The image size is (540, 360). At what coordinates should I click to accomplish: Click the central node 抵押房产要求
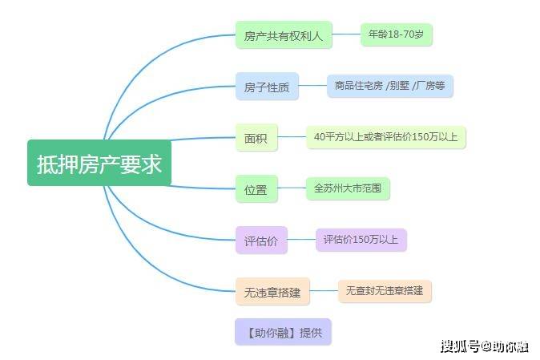point(99,163)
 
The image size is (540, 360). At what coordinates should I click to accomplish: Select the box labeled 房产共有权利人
point(284,34)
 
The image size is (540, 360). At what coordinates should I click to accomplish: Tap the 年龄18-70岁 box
point(397,34)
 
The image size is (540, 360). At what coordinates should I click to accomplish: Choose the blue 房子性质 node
point(267,87)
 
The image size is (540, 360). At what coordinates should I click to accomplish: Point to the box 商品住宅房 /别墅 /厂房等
point(390,86)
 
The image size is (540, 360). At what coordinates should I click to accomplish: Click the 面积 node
point(256,137)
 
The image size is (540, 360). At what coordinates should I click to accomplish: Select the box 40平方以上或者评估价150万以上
point(386,137)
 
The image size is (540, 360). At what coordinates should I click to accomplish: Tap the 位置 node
point(256,188)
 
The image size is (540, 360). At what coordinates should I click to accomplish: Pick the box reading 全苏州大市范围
point(348,188)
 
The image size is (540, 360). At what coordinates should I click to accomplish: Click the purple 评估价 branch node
point(261,240)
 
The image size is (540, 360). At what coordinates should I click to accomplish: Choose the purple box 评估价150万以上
point(361,240)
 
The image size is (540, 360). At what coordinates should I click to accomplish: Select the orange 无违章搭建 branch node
point(272,291)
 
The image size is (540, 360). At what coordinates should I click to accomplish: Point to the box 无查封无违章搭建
point(385,291)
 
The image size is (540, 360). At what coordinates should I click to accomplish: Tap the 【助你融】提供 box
point(283,332)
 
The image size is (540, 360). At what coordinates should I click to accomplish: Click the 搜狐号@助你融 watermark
point(485,346)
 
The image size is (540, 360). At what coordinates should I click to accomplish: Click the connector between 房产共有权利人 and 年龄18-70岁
point(346,34)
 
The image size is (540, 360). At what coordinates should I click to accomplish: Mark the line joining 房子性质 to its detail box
point(312,86)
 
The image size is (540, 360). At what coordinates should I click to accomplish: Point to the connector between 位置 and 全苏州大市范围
point(292,188)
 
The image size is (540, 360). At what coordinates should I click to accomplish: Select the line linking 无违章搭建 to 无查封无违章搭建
point(324,291)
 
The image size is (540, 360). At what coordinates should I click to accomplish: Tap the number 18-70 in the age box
point(401,34)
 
